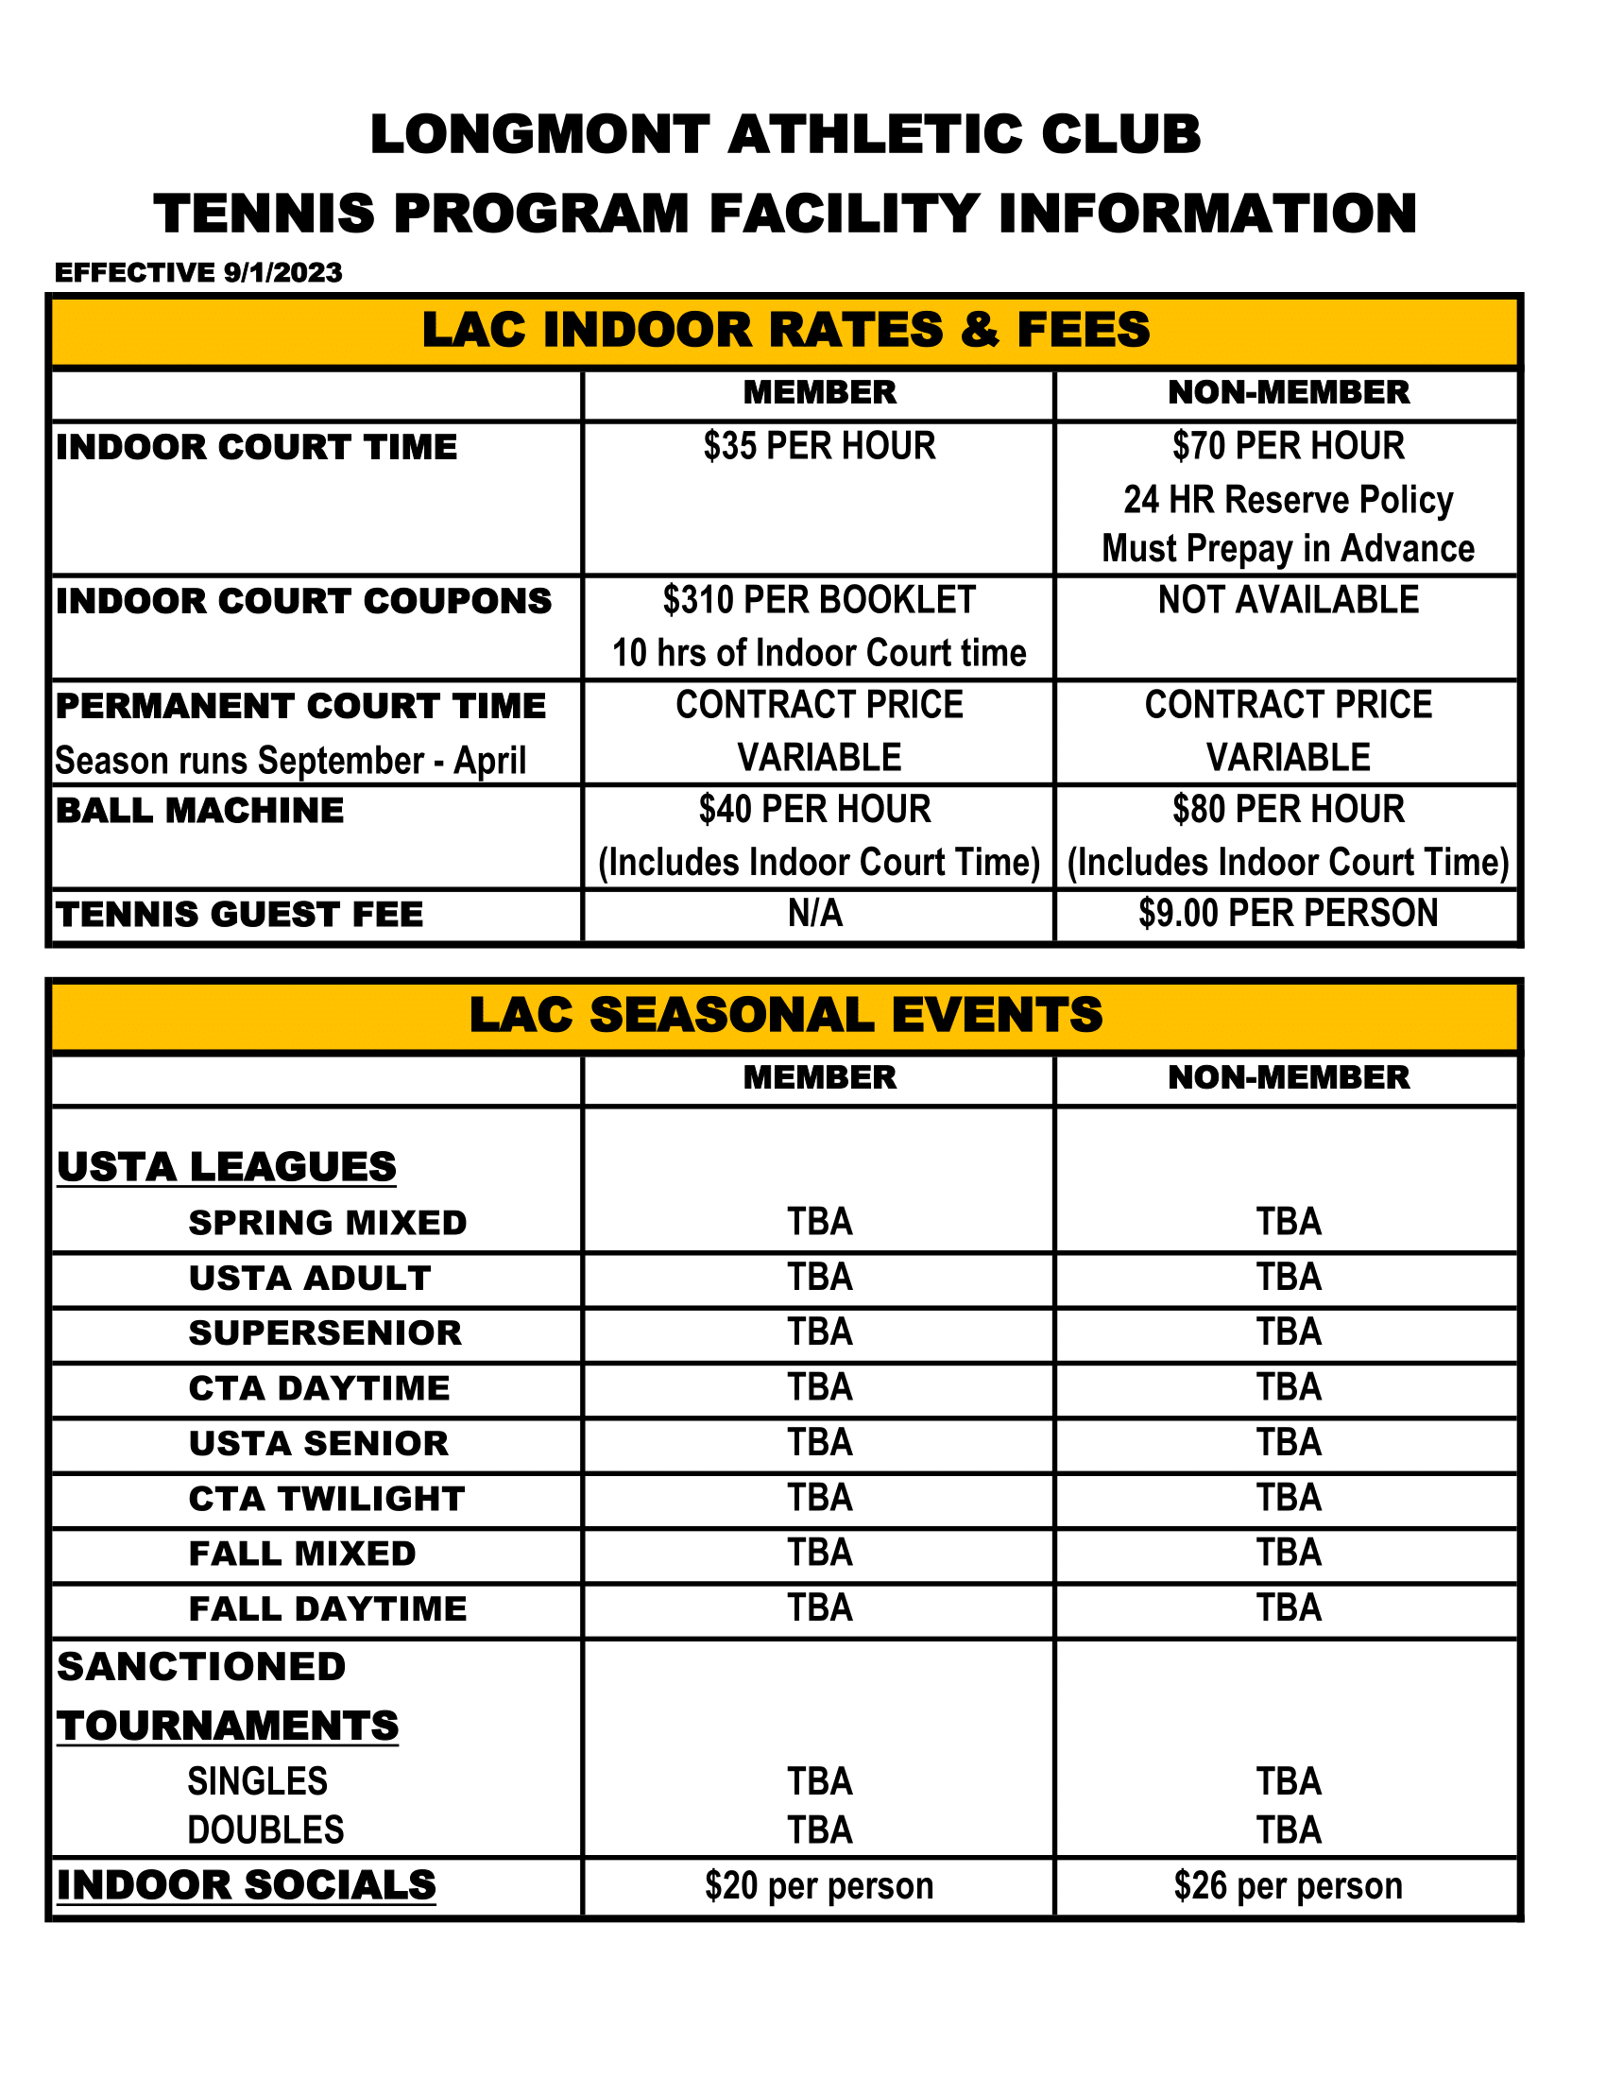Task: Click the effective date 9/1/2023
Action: (282, 272)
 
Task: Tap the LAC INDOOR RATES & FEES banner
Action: (786, 331)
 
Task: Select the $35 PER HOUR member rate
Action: (819, 446)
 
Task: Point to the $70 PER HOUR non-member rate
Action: (1289, 446)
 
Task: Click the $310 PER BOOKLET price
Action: (819, 601)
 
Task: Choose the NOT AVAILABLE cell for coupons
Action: (1289, 601)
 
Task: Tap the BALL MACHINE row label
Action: (199, 810)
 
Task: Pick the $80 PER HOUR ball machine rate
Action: (1289, 810)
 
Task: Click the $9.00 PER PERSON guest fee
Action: (1289, 914)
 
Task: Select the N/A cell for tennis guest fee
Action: (815, 914)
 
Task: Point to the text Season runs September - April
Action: (290, 761)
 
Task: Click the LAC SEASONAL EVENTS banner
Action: (786, 1015)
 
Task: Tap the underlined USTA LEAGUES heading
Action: (227, 1167)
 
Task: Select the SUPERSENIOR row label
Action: (325, 1332)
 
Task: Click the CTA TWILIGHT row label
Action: (327, 1499)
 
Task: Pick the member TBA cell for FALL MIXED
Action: (819, 1553)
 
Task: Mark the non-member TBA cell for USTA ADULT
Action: (1289, 1278)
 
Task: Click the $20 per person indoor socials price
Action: (819, 1886)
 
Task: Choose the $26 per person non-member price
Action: (1289, 1886)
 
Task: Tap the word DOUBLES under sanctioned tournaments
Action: (265, 1830)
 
